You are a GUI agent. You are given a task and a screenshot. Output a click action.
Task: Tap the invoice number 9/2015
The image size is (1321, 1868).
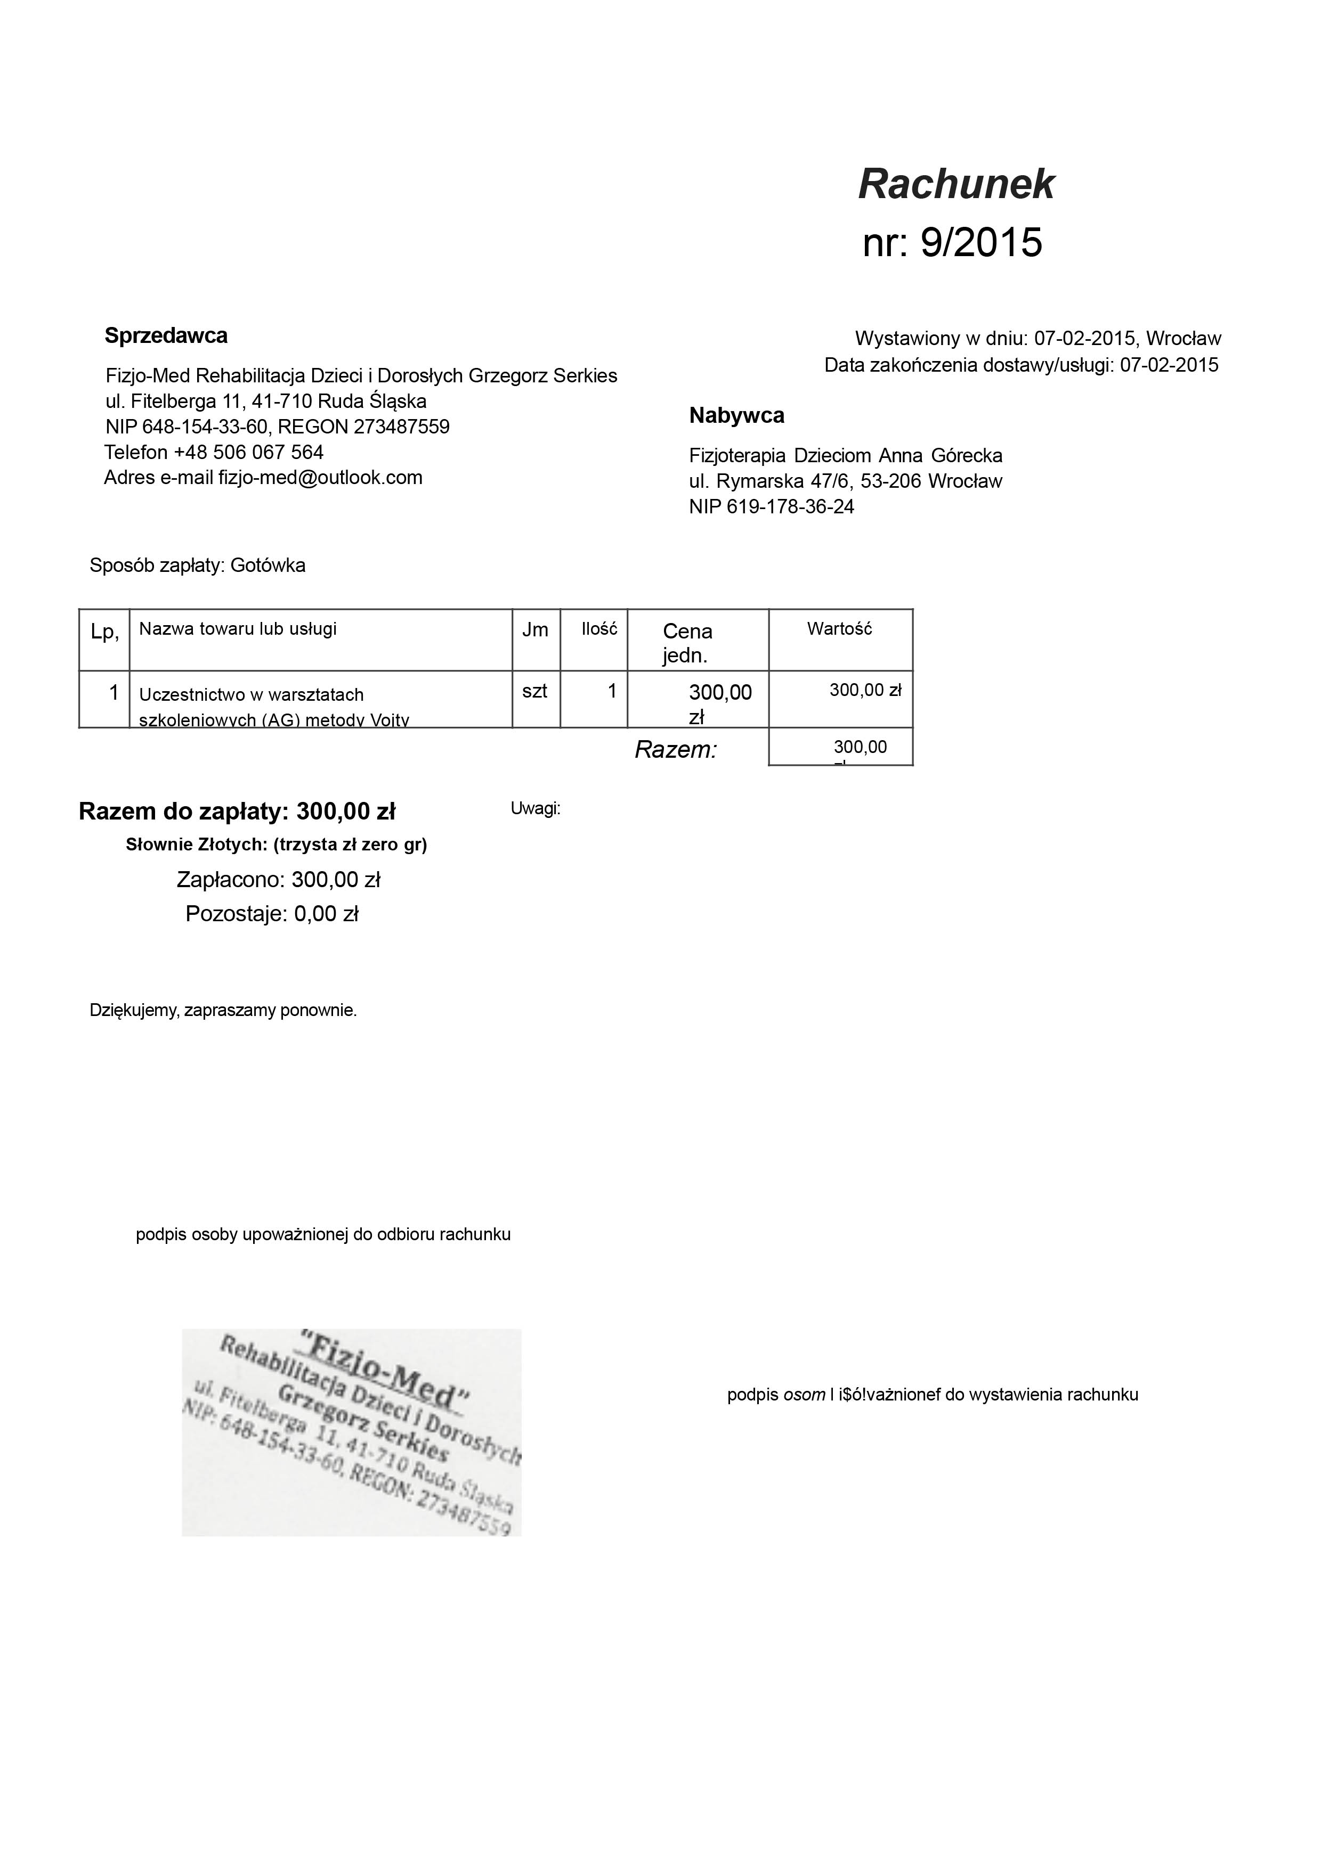pos(981,242)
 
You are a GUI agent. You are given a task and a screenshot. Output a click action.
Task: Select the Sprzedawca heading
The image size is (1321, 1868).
pos(166,335)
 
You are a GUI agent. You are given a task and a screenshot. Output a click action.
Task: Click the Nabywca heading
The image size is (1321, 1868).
pos(736,416)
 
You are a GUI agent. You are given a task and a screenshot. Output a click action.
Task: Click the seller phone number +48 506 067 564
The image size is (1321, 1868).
pos(248,452)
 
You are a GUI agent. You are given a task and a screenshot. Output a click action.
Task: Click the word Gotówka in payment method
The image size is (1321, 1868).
pos(268,566)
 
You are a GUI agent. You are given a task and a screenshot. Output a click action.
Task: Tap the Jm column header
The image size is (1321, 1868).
pos(535,630)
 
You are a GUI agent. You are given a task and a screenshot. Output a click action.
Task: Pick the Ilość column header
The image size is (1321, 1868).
pos(599,629)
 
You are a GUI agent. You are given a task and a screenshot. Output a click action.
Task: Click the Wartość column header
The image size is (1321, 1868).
pos(839,629)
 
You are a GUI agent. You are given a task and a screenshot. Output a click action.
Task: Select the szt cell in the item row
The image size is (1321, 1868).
pos(535,692)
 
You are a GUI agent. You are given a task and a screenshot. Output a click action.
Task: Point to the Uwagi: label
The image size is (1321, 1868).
pos(535,809)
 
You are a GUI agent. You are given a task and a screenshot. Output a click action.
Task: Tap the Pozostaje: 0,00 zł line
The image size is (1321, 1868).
pos(272,914)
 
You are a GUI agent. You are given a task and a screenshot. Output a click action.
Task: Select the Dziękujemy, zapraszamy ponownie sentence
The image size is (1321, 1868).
pos(223,1011)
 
